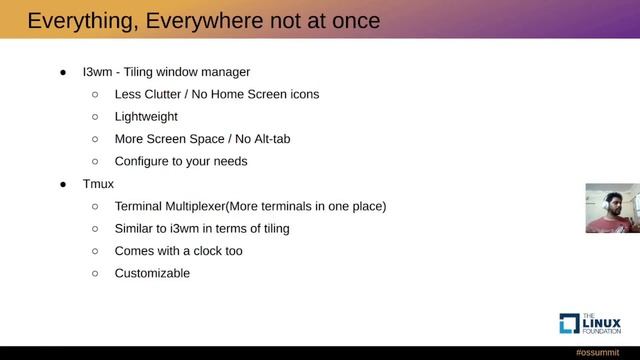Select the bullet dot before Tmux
click(x=62, y=184)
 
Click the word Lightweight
click(x=146, y=117)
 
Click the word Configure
click(x=146, y=161)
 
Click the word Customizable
click(x=152, y=273)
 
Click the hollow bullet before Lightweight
click(x=95, y=117)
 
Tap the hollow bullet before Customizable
click(x=95, y=273)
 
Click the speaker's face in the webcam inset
click(x=608, y=204)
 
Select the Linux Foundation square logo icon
click(x=568, y=323)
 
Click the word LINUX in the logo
click(x=599, y=321)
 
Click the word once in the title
click(x=351, y=21)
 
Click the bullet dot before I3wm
click(x=62, y=72)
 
